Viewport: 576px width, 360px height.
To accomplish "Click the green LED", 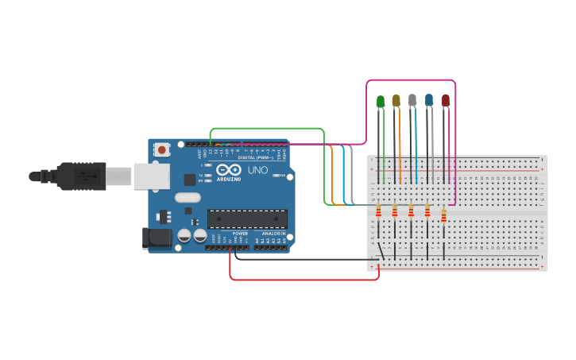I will tap(381, 101).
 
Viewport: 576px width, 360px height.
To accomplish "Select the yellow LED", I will tap(396, 100).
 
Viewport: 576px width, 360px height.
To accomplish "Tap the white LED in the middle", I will tap(412, 100).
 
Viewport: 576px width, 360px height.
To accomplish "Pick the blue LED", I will tap(429, 100).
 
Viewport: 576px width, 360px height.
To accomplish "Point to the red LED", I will tap(445, 100).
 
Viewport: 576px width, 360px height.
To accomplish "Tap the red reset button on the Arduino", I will tap(162, 149).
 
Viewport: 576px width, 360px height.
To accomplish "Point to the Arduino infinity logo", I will tap(228, 169).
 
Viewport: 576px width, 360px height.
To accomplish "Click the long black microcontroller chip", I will tap(247, 219).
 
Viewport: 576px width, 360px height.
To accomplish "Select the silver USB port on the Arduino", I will tap(151, 176).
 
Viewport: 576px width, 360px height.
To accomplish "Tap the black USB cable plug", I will tap(79, 176).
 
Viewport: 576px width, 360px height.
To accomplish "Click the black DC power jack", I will tap(157, 238).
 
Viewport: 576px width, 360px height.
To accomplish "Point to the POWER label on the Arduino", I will tap(240, 233).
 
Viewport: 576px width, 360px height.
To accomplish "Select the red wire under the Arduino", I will tap(302, 279).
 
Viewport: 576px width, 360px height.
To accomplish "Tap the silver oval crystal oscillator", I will tap(188, 197).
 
